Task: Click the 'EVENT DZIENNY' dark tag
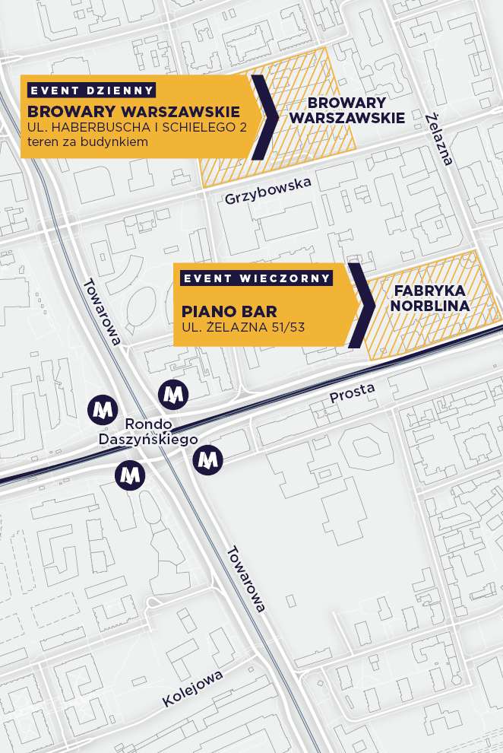tap(91, 90)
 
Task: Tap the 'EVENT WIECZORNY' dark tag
tap(257, 278)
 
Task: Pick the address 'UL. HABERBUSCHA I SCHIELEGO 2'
tap(137, 127)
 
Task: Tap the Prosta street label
tap(352, 392)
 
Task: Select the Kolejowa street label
tap(192, 690)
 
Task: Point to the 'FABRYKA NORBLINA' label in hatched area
tap(431, 298)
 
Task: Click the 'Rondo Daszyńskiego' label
tap(148, 431)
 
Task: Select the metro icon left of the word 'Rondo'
tap(102, 409)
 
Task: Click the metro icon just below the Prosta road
tap(207, 459)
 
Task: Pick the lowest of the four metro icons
tap(130, 475)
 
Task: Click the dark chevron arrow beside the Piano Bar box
tap(361, 306)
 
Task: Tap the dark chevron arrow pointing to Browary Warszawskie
tap(264, 116)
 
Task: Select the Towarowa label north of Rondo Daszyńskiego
tap(102, 311)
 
